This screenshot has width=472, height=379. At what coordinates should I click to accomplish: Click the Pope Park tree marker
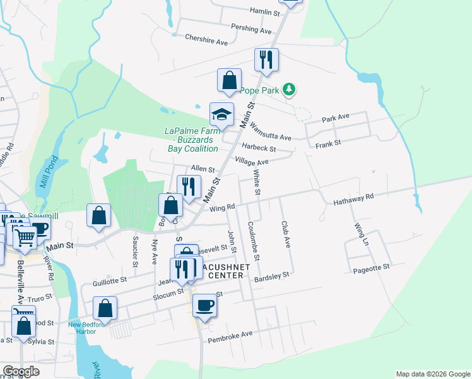point(289,90)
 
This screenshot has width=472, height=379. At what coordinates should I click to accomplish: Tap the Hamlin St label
point(264,13)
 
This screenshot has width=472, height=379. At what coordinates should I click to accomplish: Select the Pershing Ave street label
point(251,29)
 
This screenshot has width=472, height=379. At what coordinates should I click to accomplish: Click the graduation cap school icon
point(221,114)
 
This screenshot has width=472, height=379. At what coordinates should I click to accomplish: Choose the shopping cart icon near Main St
point(25,238)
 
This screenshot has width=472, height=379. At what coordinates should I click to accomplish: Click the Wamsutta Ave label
point(271,131)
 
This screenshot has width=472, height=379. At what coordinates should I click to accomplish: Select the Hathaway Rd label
point(353,200)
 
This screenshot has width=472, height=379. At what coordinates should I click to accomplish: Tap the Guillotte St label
point(110,277)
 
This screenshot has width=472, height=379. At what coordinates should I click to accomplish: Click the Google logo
point(21,371)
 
